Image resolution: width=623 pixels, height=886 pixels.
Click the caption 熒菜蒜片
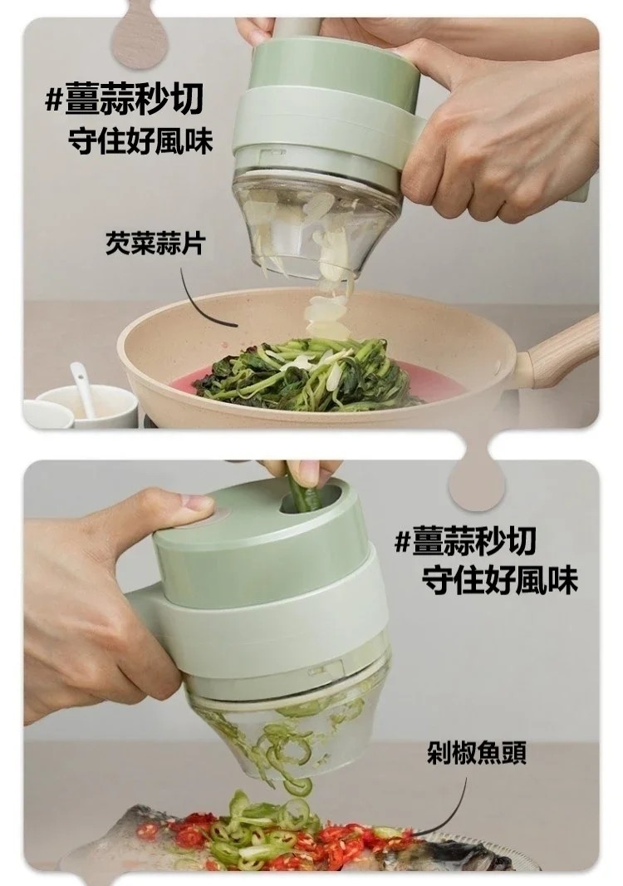click(155, 244)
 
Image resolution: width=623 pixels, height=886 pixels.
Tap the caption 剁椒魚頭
click(477, 752)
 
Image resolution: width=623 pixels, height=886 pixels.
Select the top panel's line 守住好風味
click(140, 140)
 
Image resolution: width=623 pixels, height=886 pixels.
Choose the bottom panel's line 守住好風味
click(500, 580)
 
